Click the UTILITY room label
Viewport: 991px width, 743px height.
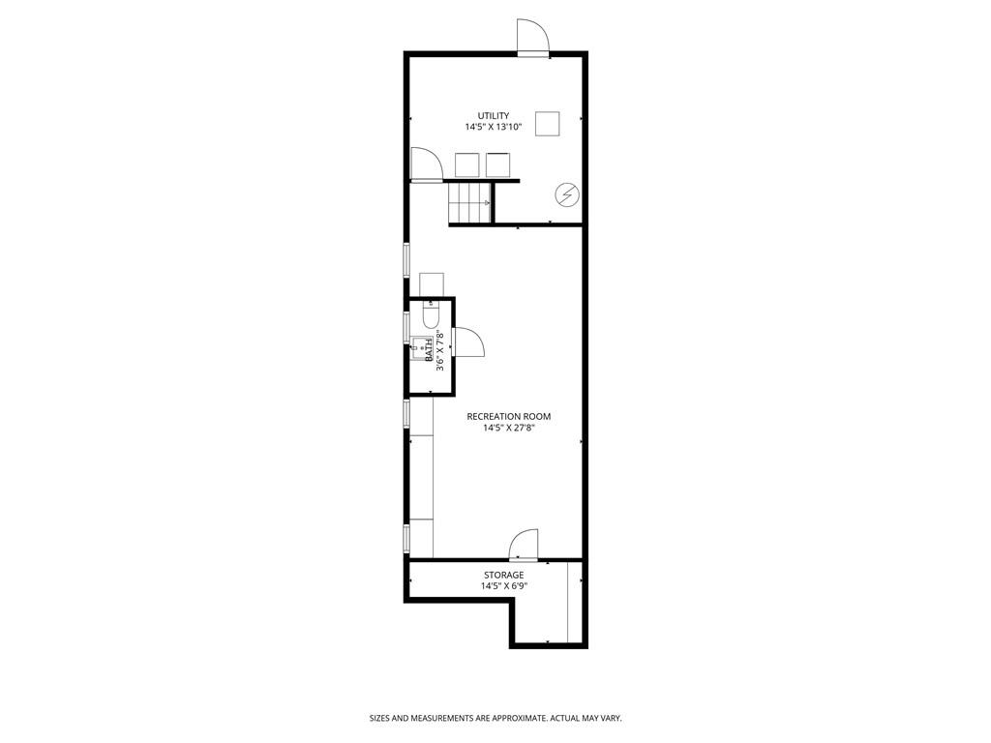pyautogui.click(x=493, y=116)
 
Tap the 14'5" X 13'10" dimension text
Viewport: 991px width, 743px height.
pyautogui.click(x=494, y=127)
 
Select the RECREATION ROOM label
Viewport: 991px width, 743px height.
pyautogui.click(x=509, y=416)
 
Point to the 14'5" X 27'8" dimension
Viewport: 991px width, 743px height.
pyautogui.click(x=509, y=428)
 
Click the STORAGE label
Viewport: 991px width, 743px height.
pyautogui.click(x=503, y=575)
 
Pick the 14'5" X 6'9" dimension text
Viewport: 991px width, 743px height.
pyautogui.click(x=503, y=586)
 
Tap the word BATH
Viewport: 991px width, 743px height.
pyautogui.click(x=429, y=349)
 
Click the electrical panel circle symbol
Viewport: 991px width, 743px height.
pyautogui.click(x=566, y=194)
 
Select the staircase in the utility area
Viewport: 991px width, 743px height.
pyautogui.click(x=470, y=202)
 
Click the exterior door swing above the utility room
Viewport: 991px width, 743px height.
pyautogui.click(x=533, y=38)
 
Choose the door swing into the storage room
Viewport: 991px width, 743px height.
pyautogui.click(x=524, y=545)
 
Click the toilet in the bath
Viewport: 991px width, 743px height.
pyautogui.click(x=431, y=314)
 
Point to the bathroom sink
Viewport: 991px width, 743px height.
pyautogui.click(x=418, y=348)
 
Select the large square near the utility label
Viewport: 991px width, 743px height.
pyautogui.click(x=548, y=123)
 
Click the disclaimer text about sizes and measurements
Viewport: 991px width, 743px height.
pyautogui.click(x=495, y=719)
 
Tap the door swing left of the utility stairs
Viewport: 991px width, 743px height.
pyautogui.click(x=426, y=164)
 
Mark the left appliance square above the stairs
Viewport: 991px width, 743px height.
pyautogui.click(x=467, y=164)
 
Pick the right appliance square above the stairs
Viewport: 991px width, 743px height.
pyautogui.click(x=497, y=164)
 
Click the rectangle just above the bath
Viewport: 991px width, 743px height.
pyautogui.click(x=432, y=284)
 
